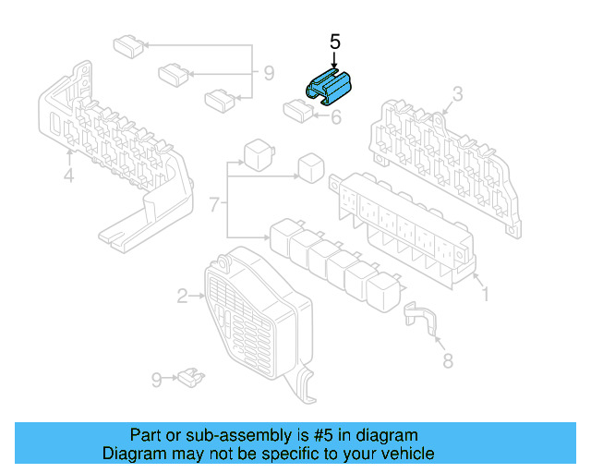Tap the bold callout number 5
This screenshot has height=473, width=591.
pos(334,42)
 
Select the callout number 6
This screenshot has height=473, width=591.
pos(336,117)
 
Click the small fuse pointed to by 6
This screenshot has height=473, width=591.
pos(298,111)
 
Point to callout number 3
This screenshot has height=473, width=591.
pos(457,94)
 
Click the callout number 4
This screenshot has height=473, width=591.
pos(68,176)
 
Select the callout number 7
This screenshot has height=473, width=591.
pos(214,204)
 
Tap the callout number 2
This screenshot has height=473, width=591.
pos(183,297)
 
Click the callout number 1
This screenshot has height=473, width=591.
pos(486,294)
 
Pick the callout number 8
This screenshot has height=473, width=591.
pos(447,360)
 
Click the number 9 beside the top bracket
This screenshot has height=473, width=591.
pos(269,73)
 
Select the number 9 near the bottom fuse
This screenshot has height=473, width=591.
pos(157,380)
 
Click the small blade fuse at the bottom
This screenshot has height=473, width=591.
pos(191,377)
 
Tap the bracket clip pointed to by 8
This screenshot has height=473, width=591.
pos(420,317)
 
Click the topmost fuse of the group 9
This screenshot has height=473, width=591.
pos(128,46)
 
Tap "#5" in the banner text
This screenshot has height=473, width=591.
pos(323,435)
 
